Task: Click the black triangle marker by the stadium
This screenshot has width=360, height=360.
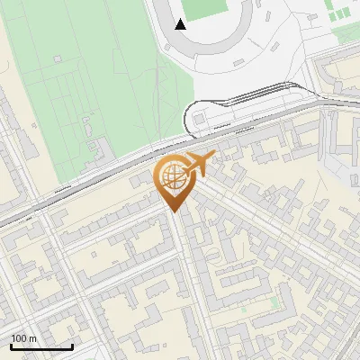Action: [x=181, y=24]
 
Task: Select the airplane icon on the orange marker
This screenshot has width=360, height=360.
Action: [x=199, y=165]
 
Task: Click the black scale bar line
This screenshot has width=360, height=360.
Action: [x=41, y=346]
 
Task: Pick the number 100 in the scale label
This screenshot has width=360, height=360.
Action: [x=20, y=338]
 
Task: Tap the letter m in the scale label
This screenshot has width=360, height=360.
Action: [x=32, y=338]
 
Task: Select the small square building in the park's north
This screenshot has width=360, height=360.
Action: [x=58, y=59]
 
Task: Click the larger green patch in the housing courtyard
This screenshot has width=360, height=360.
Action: [x=274, y=302]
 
